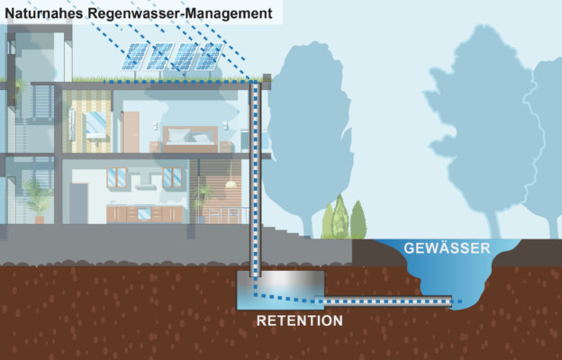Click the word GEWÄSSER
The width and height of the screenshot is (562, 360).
(447, 247)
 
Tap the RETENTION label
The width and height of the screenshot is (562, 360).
(300, 320)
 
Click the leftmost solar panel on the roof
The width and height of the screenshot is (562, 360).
(137, 56)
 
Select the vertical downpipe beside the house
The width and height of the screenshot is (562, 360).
(255, 180)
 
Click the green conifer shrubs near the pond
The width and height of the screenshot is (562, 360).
(345, 219)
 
